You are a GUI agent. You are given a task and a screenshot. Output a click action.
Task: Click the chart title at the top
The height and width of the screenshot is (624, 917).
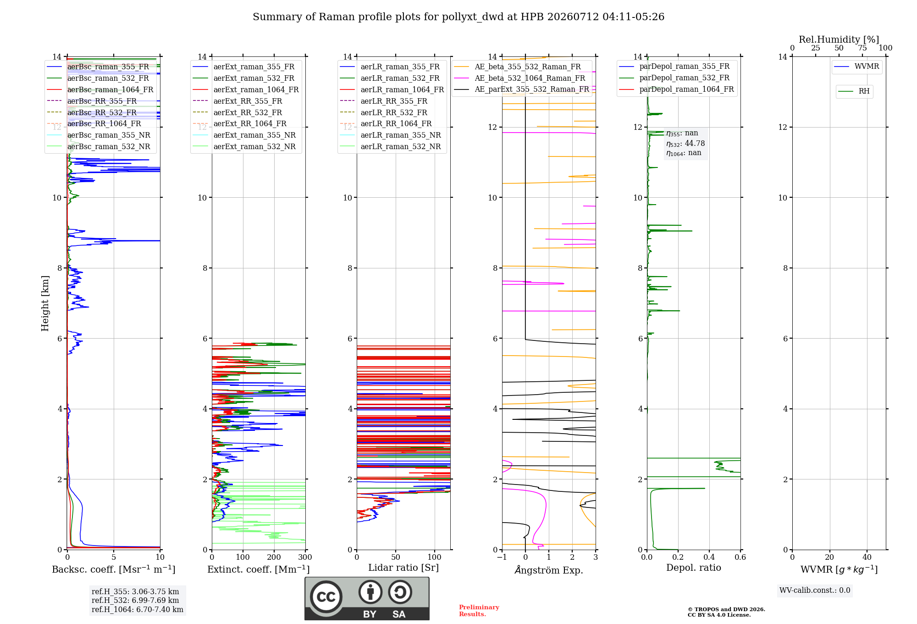pos(458,17)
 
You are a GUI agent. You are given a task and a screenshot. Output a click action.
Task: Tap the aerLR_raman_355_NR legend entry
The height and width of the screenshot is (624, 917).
pos(390,135)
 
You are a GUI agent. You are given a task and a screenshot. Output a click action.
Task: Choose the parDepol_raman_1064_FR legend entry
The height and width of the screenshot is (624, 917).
pos(676,89)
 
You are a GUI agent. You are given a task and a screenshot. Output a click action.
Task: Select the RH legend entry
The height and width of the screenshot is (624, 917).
pos(854,91)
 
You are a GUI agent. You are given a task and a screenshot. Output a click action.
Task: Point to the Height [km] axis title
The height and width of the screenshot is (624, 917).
pos(45,303)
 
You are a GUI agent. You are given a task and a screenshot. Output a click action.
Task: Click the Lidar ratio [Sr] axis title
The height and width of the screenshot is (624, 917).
pos(403,568)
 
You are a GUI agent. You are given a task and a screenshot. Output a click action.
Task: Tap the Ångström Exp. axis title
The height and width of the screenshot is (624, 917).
pos(549,570)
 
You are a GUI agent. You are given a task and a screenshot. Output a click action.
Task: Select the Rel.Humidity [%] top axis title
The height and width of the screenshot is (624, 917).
pos(839,39)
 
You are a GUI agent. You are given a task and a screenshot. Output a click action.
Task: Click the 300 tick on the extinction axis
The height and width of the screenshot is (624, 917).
pos(305,557)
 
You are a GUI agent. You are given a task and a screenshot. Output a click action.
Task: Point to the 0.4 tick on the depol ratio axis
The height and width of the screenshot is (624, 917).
pos(709,557)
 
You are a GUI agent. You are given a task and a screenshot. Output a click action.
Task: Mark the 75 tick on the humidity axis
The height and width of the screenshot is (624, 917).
pos(862,48)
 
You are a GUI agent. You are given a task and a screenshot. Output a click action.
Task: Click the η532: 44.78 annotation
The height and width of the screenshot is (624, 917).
pos(685,143)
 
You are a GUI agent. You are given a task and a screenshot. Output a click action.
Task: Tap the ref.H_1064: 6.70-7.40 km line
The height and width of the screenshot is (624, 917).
pos(138,609)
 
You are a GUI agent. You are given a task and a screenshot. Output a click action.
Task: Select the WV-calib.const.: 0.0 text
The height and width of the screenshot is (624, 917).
pos(815,591)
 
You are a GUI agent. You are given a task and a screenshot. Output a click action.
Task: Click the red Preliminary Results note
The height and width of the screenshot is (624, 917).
pos(479,611)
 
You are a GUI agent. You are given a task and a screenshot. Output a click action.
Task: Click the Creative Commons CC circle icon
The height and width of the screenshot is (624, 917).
pos(326,597)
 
